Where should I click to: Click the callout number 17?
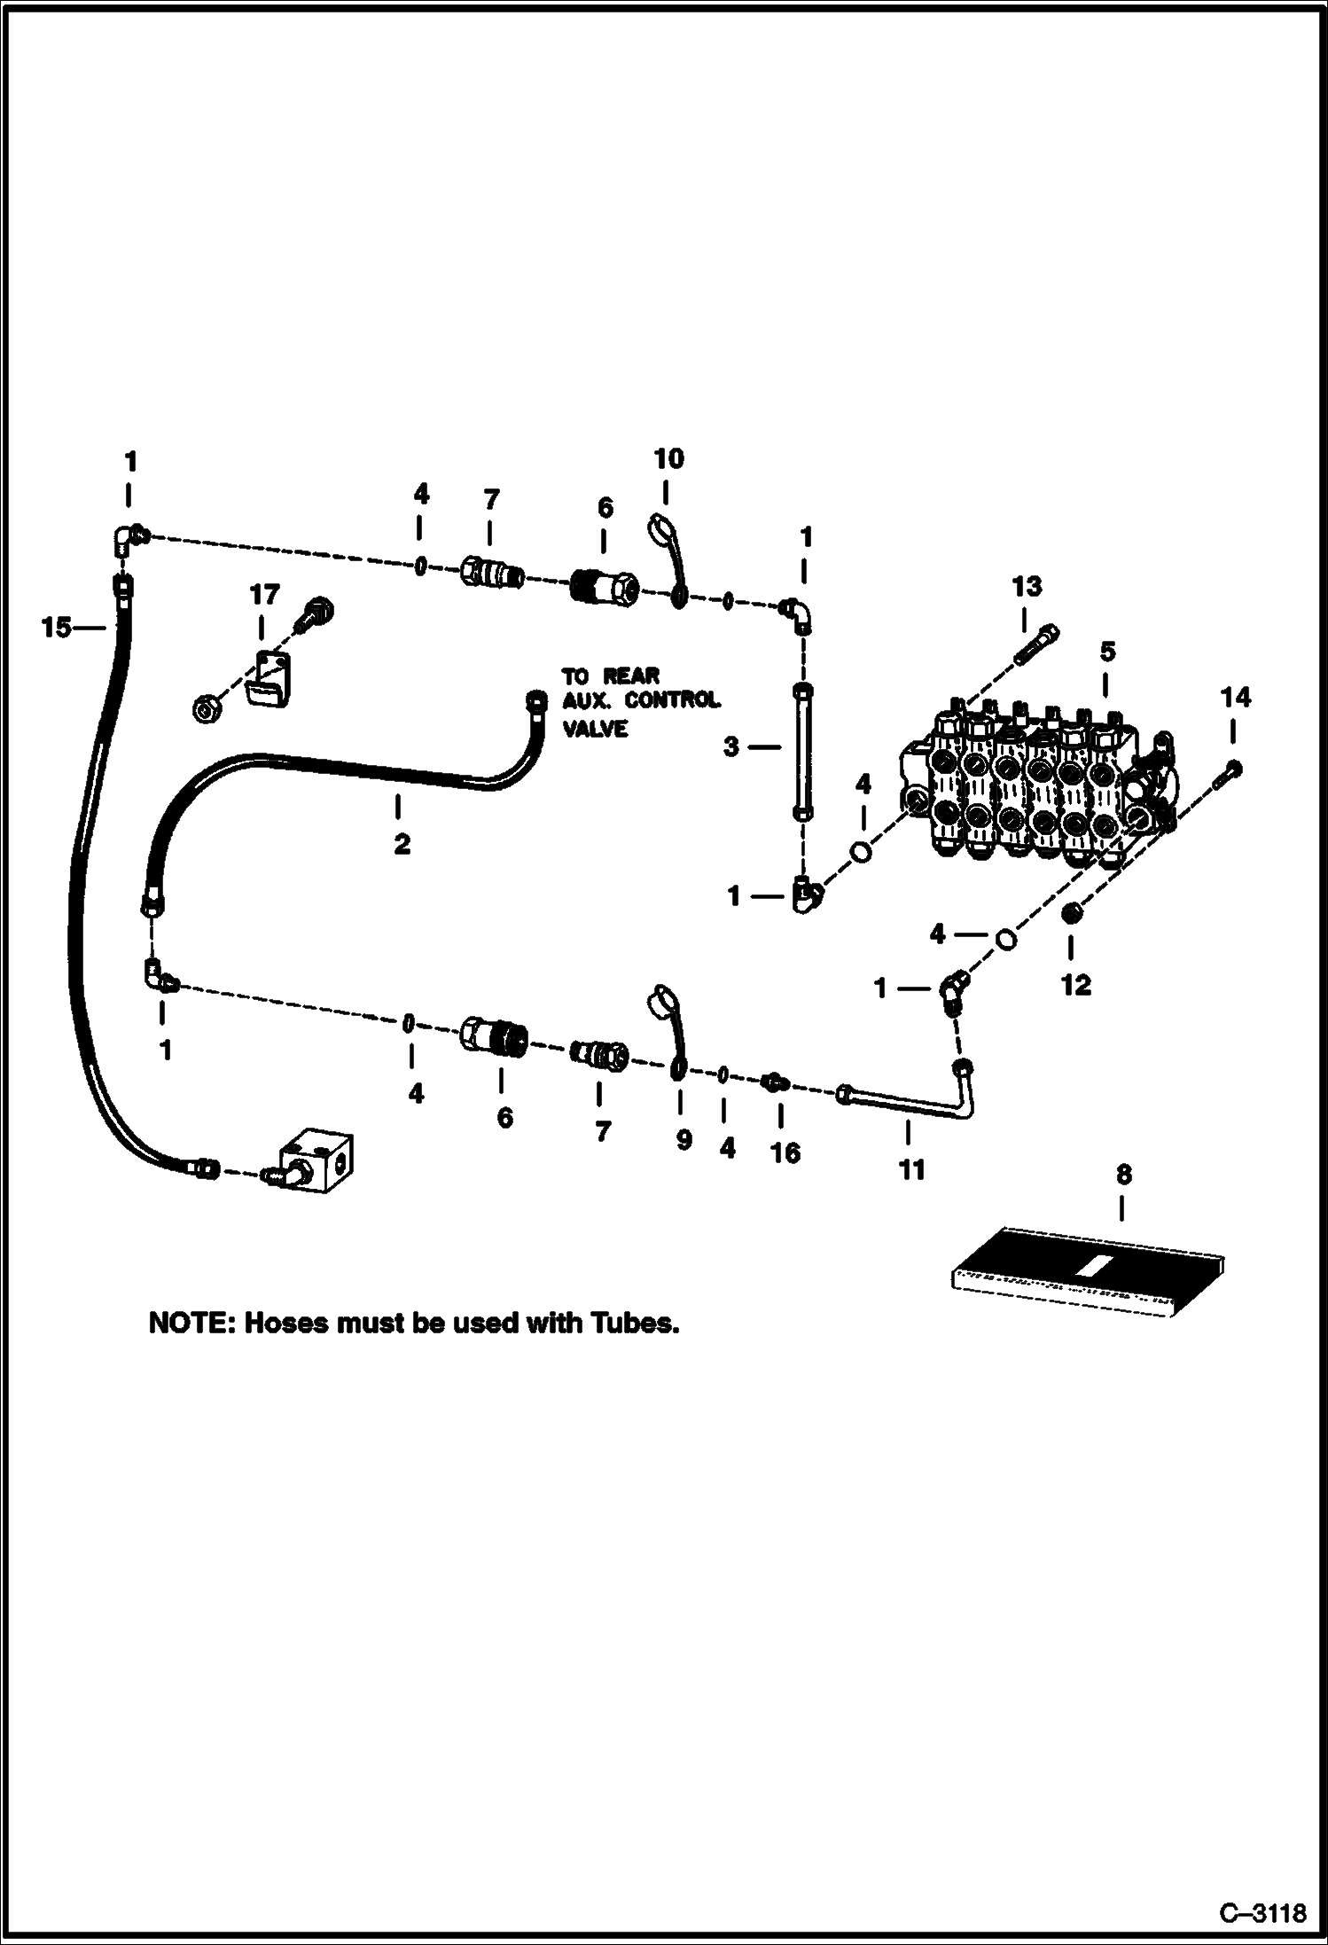(x=264, y=594)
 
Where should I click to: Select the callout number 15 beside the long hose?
(x=56, y=628)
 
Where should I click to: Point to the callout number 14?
(x=1235, y=699)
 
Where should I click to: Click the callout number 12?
(x=1075, y=985)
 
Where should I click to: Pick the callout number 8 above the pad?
(x=1123, y=1175)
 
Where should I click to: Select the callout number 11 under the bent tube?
(x=911, y=1170)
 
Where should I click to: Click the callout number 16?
(x=785, y=1152)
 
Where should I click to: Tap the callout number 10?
(x=668, y=458)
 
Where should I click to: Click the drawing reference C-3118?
(x=1262, y=1911)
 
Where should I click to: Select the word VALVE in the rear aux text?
(x=596, y=729)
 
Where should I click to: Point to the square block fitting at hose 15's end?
(x=316, y=1161)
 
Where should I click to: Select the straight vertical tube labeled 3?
(x=801, y=749)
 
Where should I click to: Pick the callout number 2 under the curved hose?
(x=402, y=844)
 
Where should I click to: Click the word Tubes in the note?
(x=634, y=1324)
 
